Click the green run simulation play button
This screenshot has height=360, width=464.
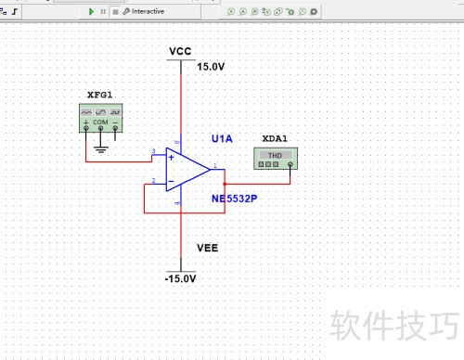pos(91,11)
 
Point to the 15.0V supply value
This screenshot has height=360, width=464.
pos(210,67)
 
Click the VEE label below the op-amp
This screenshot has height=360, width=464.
pos(208,249)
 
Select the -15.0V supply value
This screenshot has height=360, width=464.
pos(180,278)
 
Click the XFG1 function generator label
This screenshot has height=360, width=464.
pos(100,96)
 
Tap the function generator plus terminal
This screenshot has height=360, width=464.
pos(87,128)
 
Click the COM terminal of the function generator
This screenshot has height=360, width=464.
pos(100,128)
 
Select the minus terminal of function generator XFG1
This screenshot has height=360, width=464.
pos(114,128)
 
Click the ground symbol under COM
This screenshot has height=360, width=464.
pos(100,146)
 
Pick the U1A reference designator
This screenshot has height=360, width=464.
pos(222,138)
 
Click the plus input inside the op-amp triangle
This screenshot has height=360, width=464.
pos(172,158)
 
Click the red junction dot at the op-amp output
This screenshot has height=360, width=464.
pos(225,184)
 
